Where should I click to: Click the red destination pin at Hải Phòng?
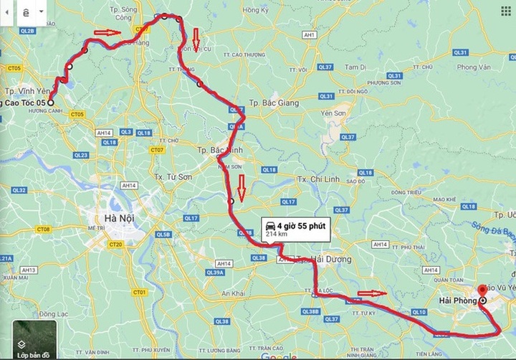click(x=482, y=289)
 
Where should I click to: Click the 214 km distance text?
click(x=277, y=234)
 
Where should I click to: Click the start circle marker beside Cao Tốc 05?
click(x=51, y=103)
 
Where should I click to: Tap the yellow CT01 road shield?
click(x=140, y=293)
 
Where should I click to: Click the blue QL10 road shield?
click(x=420, y=311)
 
